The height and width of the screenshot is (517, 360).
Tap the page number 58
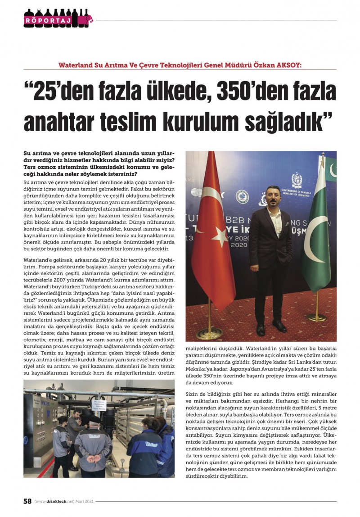pyautogui.click(x=27, y=501)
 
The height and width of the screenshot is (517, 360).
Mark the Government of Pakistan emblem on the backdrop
pyautogui.click(x=297, y=180)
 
